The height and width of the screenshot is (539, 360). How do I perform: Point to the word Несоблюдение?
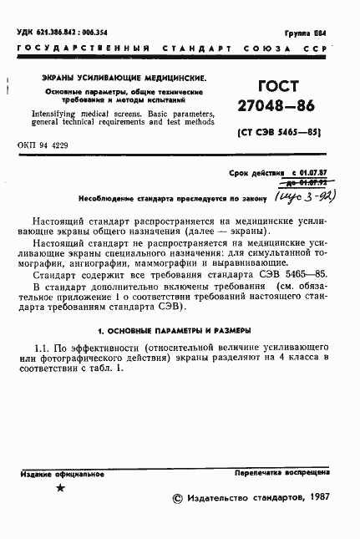click(x=104, y=199)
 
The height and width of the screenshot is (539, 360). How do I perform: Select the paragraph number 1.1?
click(x=43, y=323)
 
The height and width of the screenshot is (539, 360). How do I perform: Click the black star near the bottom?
click(x=59, y=488)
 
